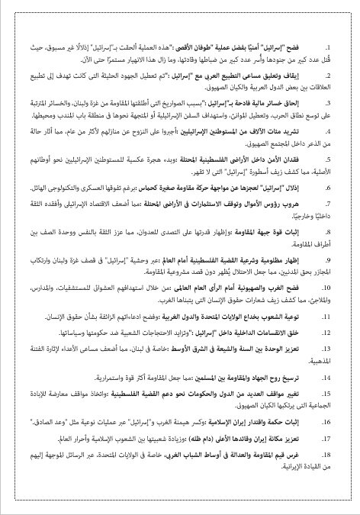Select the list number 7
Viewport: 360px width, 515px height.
point(332,206)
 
